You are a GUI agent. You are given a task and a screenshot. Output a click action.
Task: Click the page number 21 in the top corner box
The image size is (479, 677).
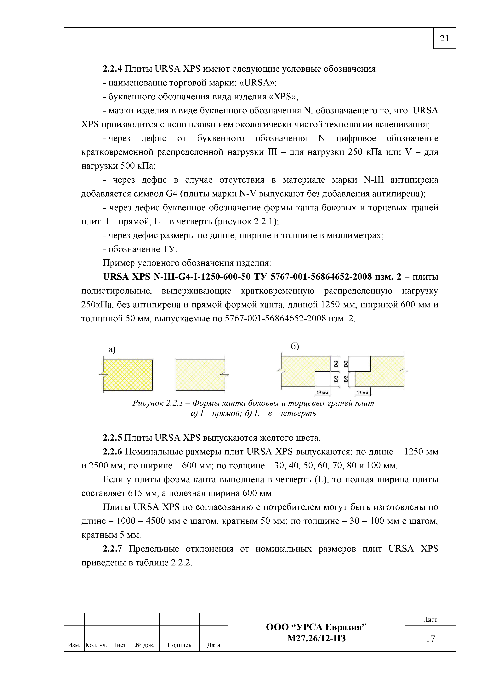[444, 38]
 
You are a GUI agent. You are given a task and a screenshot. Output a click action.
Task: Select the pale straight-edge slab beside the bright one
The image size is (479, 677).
[200, 375]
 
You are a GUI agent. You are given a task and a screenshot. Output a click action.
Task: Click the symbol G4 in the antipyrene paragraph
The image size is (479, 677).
[171, 194]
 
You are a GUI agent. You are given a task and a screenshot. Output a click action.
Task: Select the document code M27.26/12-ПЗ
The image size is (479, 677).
[316, 638]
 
